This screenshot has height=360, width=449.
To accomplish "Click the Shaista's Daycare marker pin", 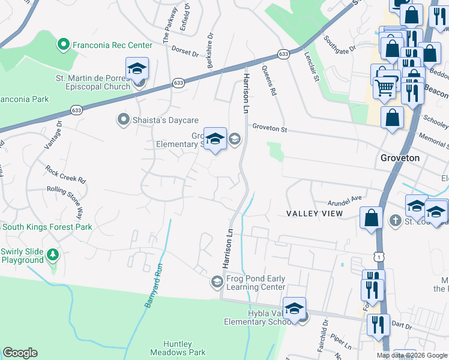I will [x=123, y=120].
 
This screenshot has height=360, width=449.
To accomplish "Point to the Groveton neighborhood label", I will [x=400, y=158].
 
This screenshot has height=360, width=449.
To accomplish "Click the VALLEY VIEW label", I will [x=314, y=214].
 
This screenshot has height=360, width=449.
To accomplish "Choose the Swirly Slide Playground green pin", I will [x=53, y=255].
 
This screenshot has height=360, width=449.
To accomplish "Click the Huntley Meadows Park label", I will [x=177, y=348].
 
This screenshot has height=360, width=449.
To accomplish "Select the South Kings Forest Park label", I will [x=46, y=227].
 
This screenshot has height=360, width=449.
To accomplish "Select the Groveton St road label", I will [x=270, y=128].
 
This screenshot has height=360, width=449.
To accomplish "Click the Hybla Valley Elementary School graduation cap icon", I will [x=294, y=309].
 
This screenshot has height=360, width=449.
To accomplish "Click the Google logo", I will [x=20, y=353].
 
